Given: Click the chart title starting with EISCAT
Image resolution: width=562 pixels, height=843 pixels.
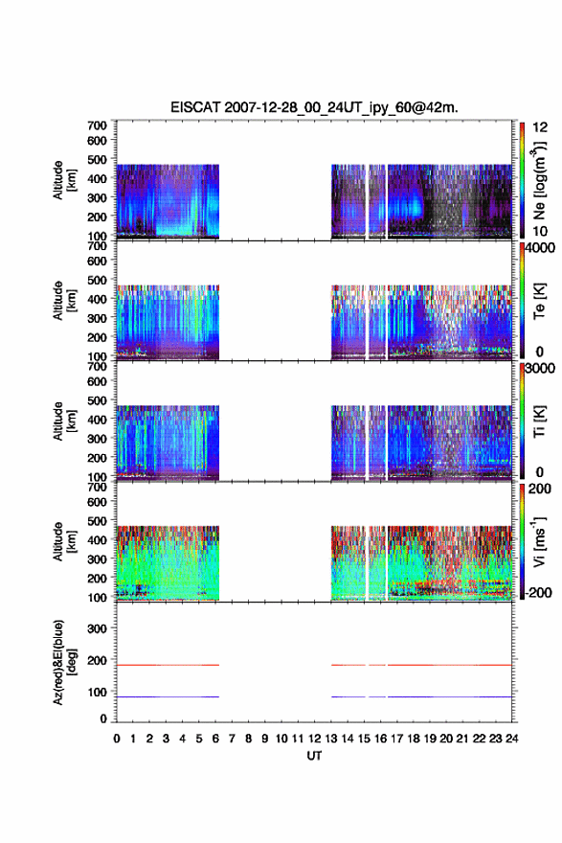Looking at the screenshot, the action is pos(314,107).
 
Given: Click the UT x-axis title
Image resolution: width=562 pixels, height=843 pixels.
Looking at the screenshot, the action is pos(314,756).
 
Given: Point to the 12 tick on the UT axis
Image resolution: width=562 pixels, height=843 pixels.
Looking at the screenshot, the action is pos(314,739).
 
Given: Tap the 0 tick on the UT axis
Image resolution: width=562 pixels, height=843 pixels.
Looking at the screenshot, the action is pos(117,739).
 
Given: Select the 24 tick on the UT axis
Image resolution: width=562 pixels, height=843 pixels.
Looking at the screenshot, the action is pos(511,739).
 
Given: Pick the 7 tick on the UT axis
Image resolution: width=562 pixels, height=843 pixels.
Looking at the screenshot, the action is pos(232,739).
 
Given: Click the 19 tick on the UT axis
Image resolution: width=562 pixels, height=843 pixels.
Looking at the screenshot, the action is pos(430,739).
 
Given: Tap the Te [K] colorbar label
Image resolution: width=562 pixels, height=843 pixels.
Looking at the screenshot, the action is pos(539,301).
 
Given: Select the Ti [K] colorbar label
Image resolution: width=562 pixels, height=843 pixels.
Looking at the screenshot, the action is pos(539,421).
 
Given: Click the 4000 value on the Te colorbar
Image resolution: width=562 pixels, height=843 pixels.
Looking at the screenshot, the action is pos(540,249).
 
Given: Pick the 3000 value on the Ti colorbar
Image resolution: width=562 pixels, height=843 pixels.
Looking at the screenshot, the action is pos(540,368).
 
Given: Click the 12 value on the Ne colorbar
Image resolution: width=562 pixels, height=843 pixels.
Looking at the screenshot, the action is pos(540,127).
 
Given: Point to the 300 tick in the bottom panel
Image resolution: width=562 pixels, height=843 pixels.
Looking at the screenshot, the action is pos(98,628).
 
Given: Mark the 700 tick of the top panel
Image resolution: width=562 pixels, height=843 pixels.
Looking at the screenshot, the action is pos(98,125).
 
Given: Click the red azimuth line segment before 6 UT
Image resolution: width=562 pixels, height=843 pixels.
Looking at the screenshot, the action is pos(168,665).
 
